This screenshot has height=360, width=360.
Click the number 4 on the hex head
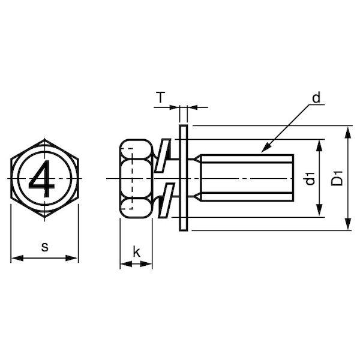click(42, 178)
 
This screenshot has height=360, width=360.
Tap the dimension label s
click(45, 247)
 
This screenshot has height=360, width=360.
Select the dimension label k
click(136, 252)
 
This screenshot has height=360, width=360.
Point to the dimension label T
click(161, 97)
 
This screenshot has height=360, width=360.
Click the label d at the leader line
click(316, 97)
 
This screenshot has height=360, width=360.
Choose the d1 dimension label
click(310, 178)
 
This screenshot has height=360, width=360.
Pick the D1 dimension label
click(337, 178)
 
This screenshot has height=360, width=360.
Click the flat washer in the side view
click(183, 178)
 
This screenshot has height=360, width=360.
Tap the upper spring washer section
click(163, 155)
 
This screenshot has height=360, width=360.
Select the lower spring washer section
click(166, 200)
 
